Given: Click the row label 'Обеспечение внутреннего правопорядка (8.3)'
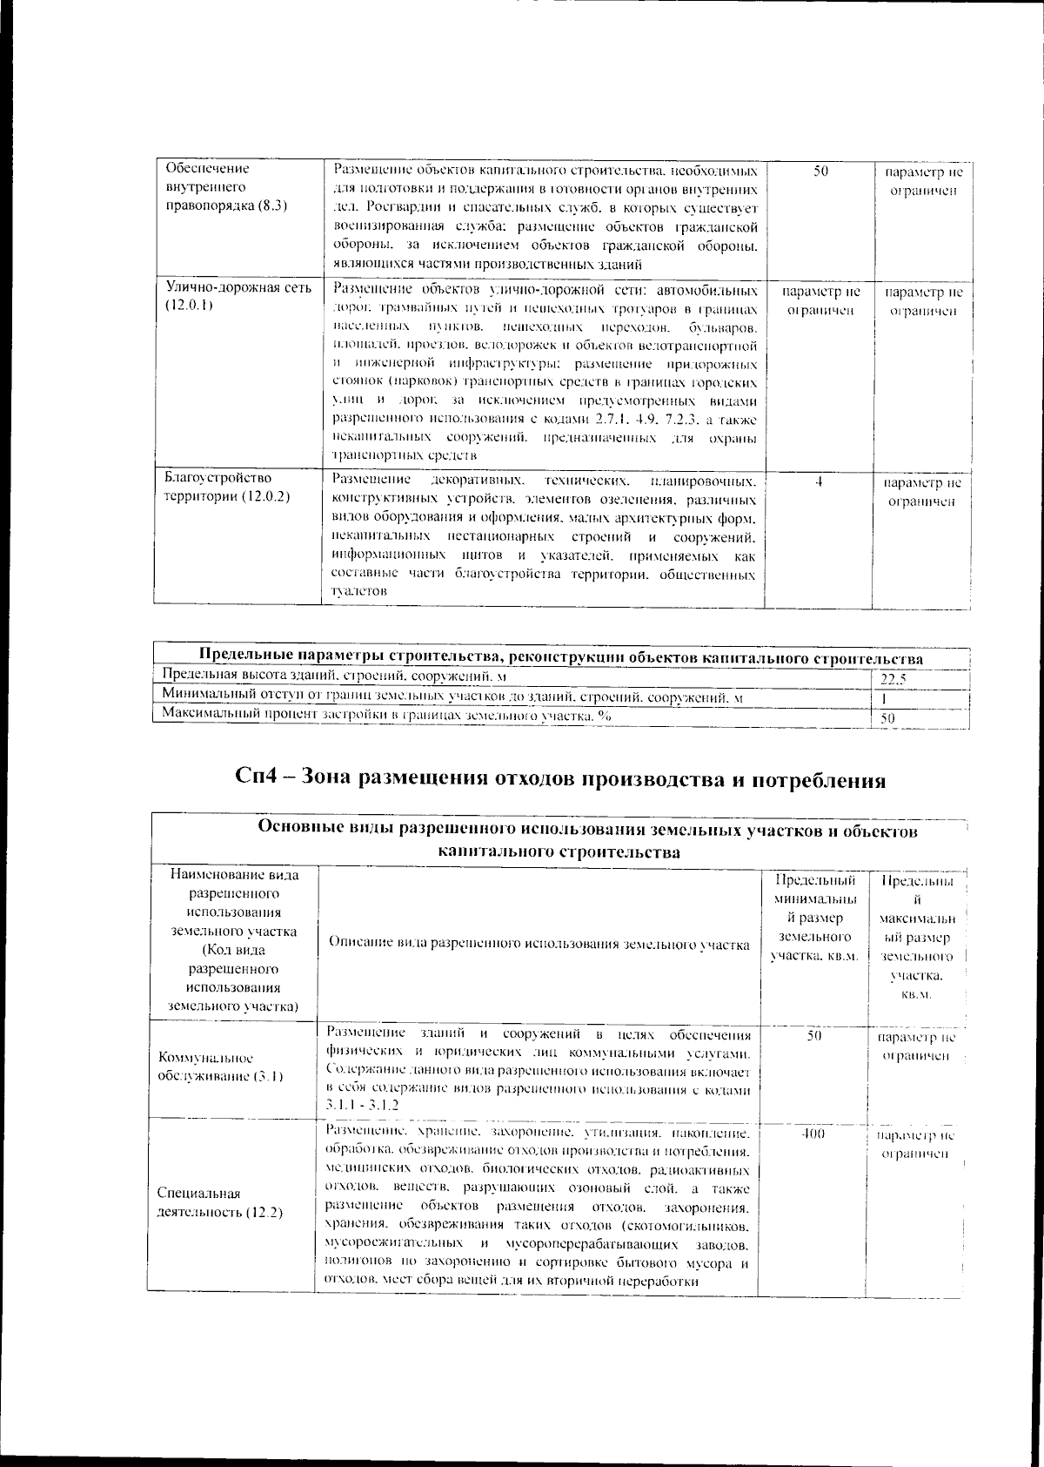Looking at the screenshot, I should [x=226, y=187].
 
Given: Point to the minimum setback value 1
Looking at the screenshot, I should [x=884, y=698].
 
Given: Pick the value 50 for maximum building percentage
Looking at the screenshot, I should [x=888, y=718].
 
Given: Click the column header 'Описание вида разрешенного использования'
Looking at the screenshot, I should [x=539, y=944].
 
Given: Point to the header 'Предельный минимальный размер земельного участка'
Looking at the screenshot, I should [x=814, y=918].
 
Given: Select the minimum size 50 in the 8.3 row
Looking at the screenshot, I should [x=821, y=171].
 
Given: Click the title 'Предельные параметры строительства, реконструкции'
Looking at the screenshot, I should [x=561, y=656].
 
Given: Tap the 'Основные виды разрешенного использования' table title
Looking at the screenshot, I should [x=588, y=841].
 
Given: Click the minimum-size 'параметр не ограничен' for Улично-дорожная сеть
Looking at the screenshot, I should [x=822, y=301].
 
